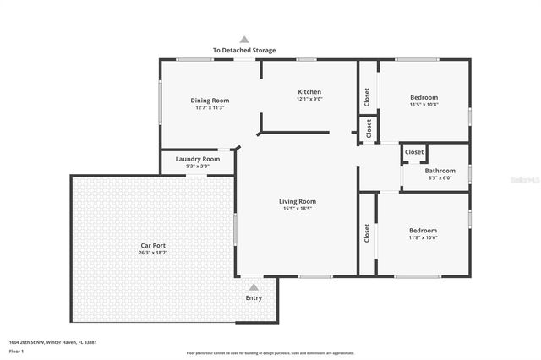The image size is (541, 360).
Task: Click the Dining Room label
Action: click(210, 101)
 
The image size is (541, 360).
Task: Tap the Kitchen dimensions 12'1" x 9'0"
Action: click(309, 99)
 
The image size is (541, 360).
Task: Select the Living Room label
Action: click(298, 201)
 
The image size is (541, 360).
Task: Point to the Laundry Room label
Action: click(198, 159)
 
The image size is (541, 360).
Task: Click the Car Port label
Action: click(153, 245)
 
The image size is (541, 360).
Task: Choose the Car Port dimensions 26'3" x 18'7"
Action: click(153, 253)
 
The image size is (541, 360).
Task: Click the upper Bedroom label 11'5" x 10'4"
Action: click(423, 95)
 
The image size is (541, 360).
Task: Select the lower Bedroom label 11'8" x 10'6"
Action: click(423, 230)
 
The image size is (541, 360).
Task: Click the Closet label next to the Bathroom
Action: click(414, 152)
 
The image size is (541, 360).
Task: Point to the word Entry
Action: click(254, 297)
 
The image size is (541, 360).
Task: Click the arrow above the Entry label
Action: click(254, 287)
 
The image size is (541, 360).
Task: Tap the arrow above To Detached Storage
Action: click(244, 39)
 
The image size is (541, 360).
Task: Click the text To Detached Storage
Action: click(244, 51)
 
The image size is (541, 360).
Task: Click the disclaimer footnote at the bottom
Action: click(270, 353)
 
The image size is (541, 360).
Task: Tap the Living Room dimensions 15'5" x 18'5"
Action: click(298, 209)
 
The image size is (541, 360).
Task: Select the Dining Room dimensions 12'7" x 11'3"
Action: click(210, 108)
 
